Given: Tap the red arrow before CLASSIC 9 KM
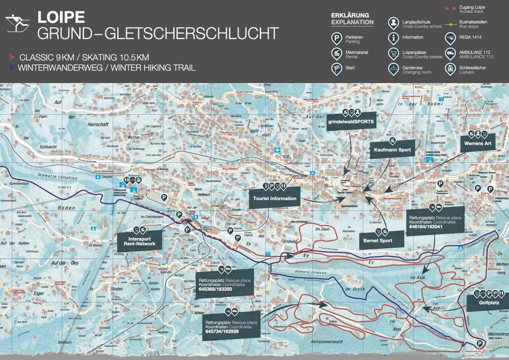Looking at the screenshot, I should (12, 57).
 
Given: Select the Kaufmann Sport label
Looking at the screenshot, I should (392, 150).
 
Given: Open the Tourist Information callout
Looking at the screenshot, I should (274, 198).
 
